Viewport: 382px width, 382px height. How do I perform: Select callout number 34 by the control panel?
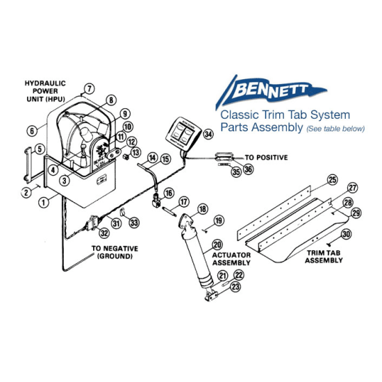(208, 133)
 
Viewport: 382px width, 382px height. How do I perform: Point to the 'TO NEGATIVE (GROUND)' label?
(116, 251)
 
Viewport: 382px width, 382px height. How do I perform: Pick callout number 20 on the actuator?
(217, 244)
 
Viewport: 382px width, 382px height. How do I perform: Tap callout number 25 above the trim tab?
(332, 180)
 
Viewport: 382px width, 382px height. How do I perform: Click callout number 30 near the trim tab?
(346, 235)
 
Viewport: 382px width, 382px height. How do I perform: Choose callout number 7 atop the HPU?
(88, 88)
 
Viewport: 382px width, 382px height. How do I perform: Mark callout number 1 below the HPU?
(43, 201)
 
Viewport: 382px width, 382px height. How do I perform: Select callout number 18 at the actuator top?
(203, 208)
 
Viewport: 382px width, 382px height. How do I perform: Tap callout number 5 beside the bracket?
(40, 148)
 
